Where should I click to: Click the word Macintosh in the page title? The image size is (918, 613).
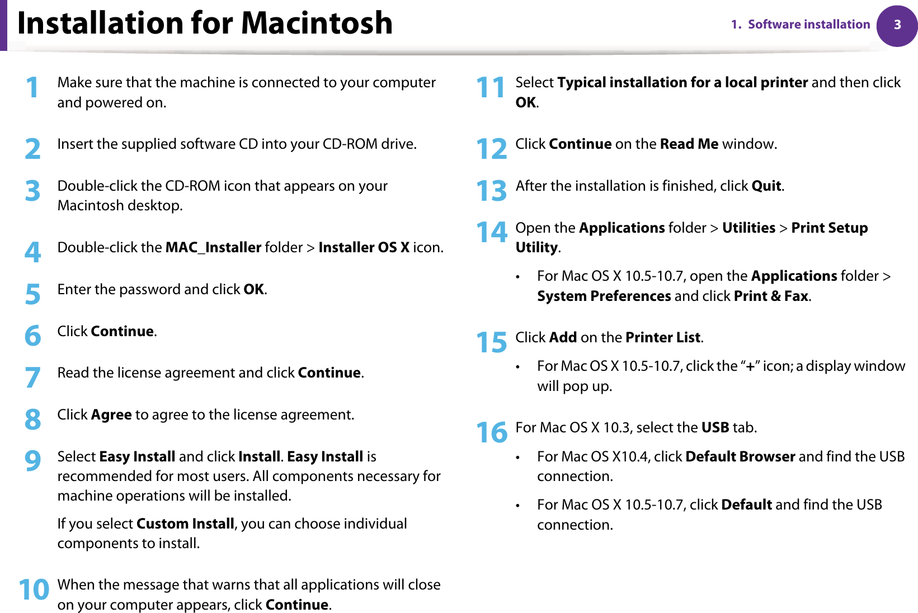[317, 23]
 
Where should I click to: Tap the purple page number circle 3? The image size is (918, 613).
[897, 25]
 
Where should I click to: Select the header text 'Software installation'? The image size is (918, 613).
[808, 25]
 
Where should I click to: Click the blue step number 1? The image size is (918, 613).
[32, 88]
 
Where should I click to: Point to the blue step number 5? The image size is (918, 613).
[32, 294]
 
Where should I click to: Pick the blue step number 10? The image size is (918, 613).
[34, 590]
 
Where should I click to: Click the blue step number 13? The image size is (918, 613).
[491, 191]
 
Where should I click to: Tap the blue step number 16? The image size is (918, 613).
[491, 433]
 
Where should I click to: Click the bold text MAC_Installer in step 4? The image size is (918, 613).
[213, 247]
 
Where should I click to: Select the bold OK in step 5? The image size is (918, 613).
[253, 289]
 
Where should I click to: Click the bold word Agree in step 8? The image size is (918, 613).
[111, 414]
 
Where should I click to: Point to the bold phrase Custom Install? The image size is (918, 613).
[185, 524]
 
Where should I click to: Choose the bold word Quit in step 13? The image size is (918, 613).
[766, 186]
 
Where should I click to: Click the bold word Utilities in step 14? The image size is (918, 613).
[748, 228]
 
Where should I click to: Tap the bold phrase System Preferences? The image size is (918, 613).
[604, 296]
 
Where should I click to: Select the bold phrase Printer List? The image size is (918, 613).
[662, 337]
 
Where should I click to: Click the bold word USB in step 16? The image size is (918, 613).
[715, 427]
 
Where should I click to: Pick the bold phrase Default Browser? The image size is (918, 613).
[740, 456]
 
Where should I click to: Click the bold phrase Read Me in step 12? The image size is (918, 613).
[689, 144]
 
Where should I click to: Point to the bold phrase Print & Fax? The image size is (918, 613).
[771, 296]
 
